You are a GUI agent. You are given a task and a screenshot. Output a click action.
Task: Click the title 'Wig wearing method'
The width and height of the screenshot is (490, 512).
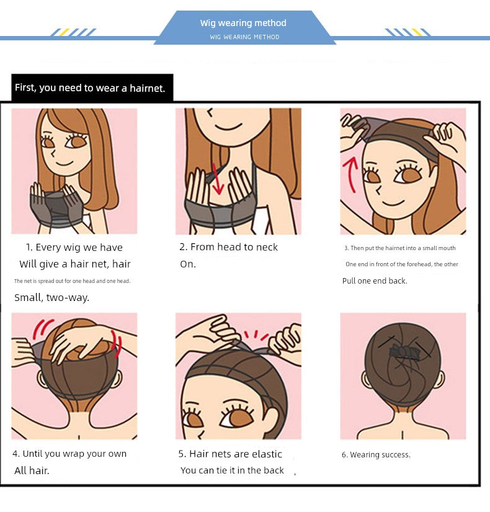[243, 23]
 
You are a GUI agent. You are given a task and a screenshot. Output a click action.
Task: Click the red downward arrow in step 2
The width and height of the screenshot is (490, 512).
[216, 179]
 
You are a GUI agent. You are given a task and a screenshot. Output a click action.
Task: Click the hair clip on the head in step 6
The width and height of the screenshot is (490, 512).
[404, 353]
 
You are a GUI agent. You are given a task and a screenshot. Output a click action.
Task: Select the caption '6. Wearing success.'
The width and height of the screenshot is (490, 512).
[376, 454]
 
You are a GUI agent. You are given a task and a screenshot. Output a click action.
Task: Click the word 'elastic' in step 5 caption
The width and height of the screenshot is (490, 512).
[267, 454]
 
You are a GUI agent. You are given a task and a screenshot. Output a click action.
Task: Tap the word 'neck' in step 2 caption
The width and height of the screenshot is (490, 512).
[267, 247]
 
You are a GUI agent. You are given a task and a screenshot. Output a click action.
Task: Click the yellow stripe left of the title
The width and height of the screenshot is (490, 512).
[64, 32]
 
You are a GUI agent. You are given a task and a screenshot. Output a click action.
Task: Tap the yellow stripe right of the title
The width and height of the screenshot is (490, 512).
[417, 32]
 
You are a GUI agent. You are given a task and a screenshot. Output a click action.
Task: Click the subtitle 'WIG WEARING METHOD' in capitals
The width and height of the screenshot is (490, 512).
[244, 37]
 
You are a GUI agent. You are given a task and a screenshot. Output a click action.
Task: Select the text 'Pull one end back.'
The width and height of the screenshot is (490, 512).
[375, 281]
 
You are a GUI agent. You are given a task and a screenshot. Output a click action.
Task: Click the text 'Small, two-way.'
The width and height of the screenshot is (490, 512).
[51, 297]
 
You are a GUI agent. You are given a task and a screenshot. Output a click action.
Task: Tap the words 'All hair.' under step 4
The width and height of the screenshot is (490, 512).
[32, 470]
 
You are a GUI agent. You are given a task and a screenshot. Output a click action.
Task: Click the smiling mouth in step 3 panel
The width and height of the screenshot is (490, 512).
[393, 202]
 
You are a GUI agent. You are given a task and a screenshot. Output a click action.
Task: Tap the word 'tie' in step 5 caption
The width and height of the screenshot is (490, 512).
[221, 470]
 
